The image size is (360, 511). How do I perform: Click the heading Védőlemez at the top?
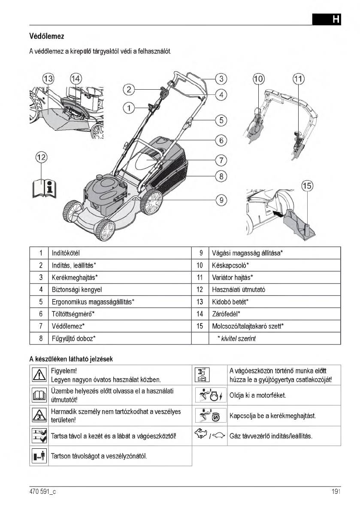coord(47,35)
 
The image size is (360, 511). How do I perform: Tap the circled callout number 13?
coord(48,79)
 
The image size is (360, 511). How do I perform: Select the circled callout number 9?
coord(221,200)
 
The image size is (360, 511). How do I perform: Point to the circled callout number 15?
coord(307,186)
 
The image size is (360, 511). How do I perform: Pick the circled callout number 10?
coord(259,79)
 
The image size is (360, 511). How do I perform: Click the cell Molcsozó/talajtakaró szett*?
coord(248,327)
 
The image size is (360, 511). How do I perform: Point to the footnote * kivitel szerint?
coord(236,339)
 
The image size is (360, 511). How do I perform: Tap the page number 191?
coord(336,492)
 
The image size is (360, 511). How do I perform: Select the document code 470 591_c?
coord(42,492)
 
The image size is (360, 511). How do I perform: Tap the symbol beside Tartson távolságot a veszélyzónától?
coord(39,456)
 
